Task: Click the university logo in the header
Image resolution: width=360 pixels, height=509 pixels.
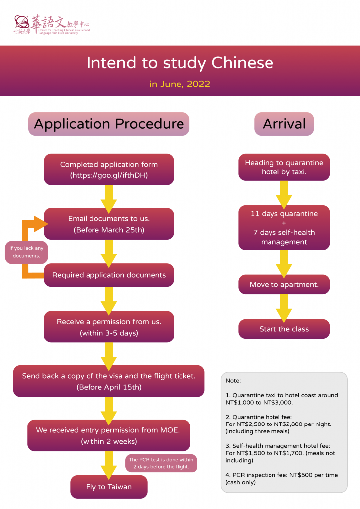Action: pyautogui.click(x=52, y=25)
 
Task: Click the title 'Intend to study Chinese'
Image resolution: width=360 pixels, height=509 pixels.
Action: pyautogui.click(x=180, y=63)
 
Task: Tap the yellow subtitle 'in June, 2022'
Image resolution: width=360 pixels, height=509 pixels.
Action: pyautogui.click(x=180, y=84)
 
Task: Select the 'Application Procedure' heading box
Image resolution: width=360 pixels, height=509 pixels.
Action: pyautogui.click(x=109, y=124)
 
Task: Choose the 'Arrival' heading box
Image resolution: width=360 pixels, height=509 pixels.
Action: pyautogui.click(x=284, y=124)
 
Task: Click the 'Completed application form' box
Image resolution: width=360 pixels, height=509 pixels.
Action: pyautogui.click(x=109, y=170)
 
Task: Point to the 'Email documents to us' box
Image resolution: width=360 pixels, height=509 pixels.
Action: pyautogui.click(x=109, y=224)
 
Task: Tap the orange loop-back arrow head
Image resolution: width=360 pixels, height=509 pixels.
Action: pyautogui.click(x=41, y=224)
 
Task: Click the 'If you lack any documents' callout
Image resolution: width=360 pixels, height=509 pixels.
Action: pyautogui.click(x=26, y=252)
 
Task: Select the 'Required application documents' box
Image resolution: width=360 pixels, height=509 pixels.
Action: pyautogui.click(x=109, y=275)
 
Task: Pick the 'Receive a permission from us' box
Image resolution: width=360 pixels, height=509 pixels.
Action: pyautogui.click(x=109, y=327)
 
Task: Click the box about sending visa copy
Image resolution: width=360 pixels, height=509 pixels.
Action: pyautogui.click(x=109, y=381)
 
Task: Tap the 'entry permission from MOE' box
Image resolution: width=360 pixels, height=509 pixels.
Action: pyautogui.click(x=109, y=435)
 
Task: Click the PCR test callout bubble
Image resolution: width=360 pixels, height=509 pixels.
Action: pyautogui.click(x=161, y=463)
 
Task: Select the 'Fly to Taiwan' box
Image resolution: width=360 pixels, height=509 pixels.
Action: pyautogui.click(x=109, y=487)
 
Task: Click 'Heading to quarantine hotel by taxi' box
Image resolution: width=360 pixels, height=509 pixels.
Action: pyautogui.click(x=284, y=167)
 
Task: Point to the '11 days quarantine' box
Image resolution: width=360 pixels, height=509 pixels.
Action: pyautogui.click(x=284, y=228)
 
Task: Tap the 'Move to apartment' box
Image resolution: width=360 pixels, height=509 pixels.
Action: pyautogui.click(x=284, y=285)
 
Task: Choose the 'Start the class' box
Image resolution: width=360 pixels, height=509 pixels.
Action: pyautogui.click(x=284, y=329)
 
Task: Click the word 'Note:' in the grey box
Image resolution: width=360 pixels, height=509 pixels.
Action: pyautogui.click(x=233, y=380)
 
